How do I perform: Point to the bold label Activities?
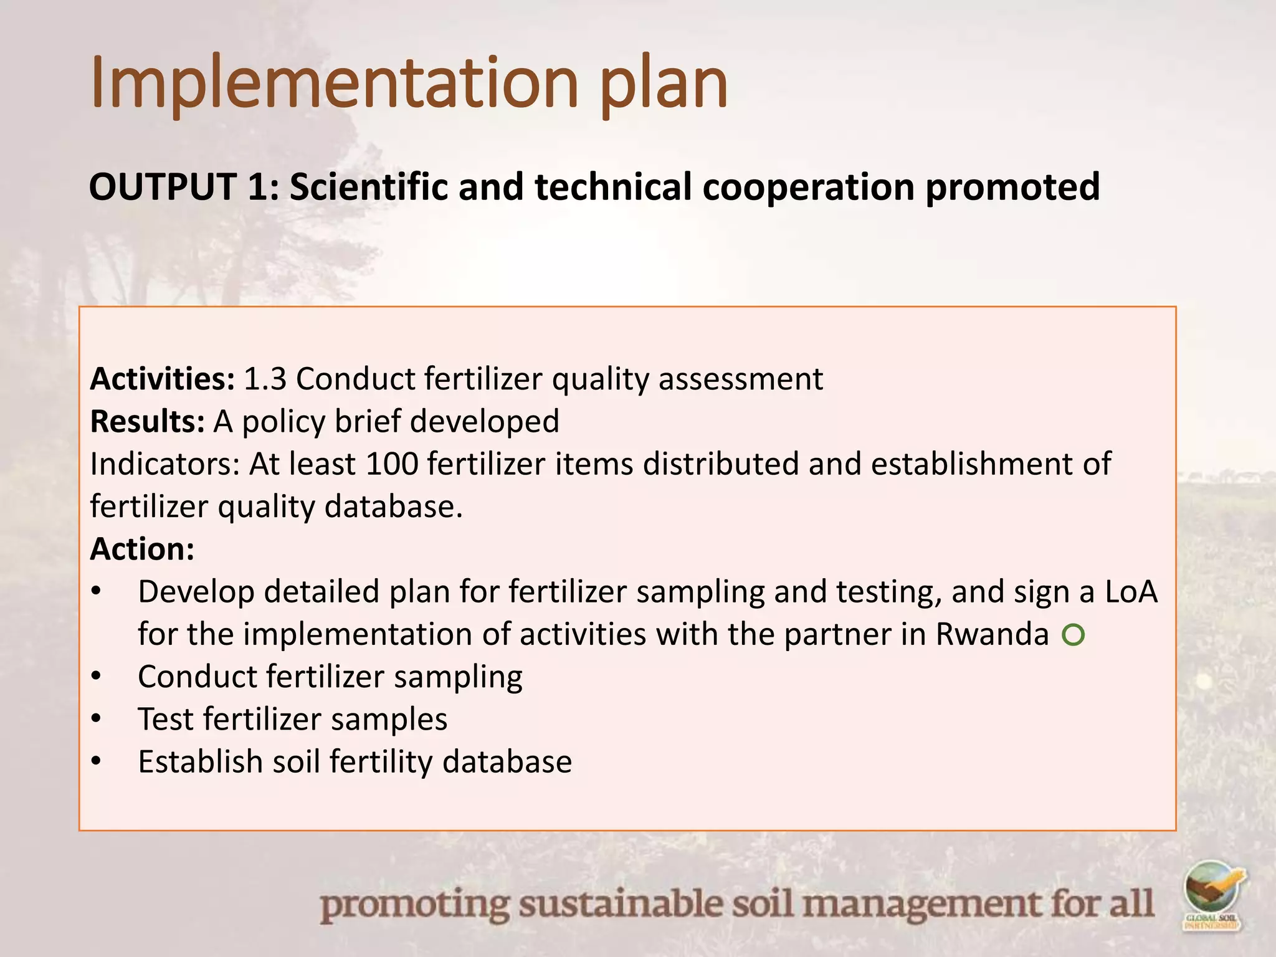coord(163,379)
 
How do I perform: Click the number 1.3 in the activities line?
coord(265,379)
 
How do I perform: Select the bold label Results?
coord(148,421)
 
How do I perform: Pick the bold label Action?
coord(142,549)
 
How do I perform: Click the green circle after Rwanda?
coord(1074,636)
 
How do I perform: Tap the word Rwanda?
coord(992,634)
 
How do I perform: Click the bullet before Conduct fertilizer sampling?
coord(95,677)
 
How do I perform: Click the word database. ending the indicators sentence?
coord(394,506)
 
